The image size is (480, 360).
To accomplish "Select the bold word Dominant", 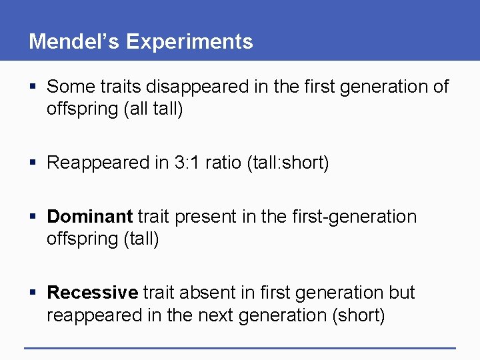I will (x=90, y=217).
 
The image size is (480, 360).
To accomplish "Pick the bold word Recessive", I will (x=93, y=293).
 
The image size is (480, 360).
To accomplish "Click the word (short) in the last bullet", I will (x=358, y=315).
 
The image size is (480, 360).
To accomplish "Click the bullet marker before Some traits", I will (x=33, y=87).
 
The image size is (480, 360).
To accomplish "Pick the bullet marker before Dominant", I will (x=33, y=217).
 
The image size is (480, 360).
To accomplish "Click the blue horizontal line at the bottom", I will (x=240, y=347).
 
